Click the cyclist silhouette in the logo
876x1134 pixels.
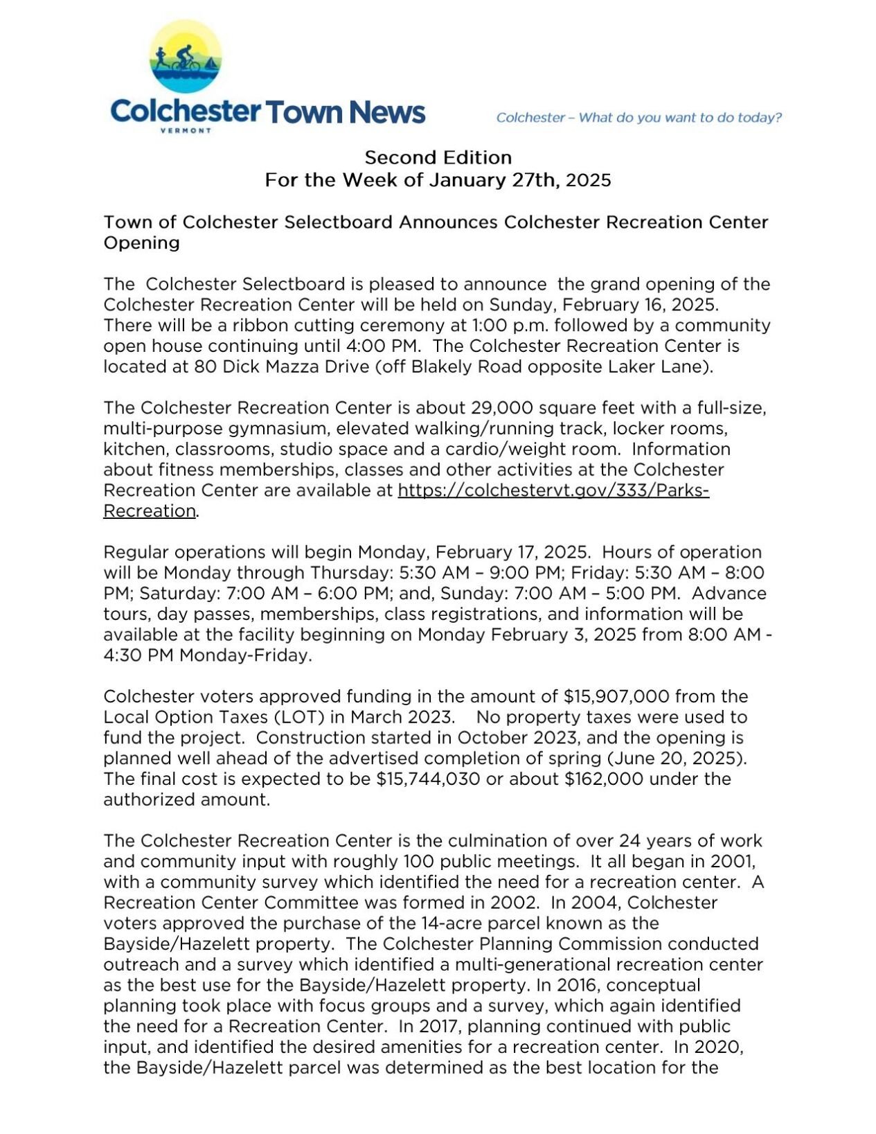pyautogui.click(x=186, y=57)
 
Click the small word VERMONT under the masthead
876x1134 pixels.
pyautogui.click(x=186, y=130)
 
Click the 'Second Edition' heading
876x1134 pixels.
pyautogui.click(x=438, y=157)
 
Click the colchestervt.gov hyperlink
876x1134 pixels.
pyautogui.click(x=553, y=490)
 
